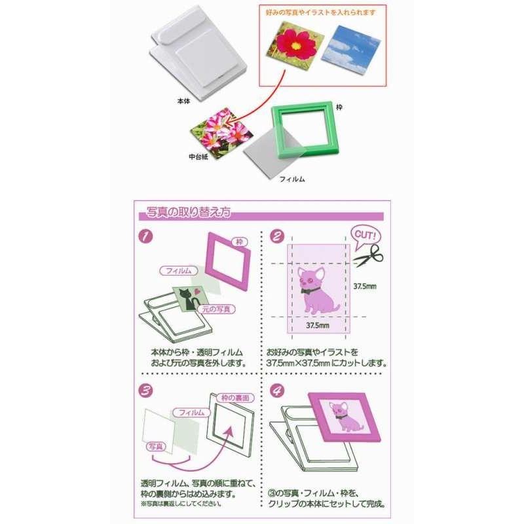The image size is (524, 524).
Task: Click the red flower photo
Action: (295, 44)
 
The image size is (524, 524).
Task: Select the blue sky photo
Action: (351, 50)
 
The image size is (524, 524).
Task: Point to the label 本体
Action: (183, 101)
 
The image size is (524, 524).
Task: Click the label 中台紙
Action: (198, 157)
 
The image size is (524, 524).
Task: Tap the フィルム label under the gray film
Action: (292, 179)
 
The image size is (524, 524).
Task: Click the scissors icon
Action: (369, 255)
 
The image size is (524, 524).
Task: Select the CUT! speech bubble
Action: (365, 236)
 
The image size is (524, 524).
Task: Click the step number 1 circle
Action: (145, 236)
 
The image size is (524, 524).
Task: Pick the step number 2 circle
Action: (277, 236)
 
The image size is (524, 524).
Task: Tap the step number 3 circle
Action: (145, 390)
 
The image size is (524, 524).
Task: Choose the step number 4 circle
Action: (277, 390)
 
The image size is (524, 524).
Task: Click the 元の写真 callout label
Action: (217, 309)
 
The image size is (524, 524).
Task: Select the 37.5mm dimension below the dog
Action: (318, 325)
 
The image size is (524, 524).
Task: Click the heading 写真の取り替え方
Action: (189, 212)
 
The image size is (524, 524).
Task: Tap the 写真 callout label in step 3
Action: (156, 447)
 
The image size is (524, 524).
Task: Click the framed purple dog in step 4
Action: (344, 417)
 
